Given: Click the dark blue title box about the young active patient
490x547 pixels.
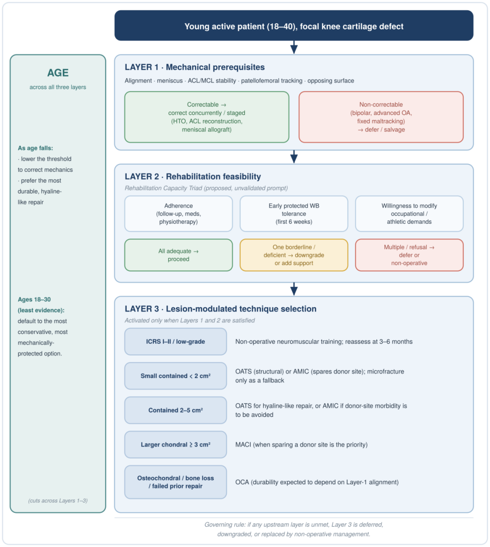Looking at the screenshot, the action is pos(294,25).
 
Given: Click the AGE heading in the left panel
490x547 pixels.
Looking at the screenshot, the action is pos(58,73).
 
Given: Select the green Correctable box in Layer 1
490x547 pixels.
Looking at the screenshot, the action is pos(207,117).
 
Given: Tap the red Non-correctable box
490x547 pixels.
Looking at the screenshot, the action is pos(381,117).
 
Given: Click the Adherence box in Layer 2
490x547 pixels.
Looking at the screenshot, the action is pos(178,214).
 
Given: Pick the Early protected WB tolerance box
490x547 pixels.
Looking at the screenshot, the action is pos(294,214).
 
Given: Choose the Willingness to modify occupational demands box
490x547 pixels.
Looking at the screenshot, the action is pos(409,214).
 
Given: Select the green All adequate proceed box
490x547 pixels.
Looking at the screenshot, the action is pos(178,255).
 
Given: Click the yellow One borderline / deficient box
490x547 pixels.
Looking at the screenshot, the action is pos(294,255).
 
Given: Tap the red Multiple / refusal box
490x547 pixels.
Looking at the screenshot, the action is pos(409,255).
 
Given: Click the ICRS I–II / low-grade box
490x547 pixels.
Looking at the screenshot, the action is pos(176,341).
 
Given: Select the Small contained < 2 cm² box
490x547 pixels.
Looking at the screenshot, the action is pos(176,376).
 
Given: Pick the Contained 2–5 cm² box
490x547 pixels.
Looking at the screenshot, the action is pos(176,410).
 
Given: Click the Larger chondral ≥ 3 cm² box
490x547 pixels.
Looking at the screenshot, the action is pos(176,445).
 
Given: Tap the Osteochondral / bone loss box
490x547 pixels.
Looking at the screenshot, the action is pos(176,482).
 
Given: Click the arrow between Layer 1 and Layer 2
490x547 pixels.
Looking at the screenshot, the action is pos(294,157).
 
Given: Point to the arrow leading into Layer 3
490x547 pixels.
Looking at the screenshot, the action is pos(294,289).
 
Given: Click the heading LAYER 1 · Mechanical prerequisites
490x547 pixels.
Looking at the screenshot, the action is pos(195,67).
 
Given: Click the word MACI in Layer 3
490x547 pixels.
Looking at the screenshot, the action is pos(243,445).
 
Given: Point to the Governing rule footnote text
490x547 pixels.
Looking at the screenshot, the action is pos(294,529).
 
